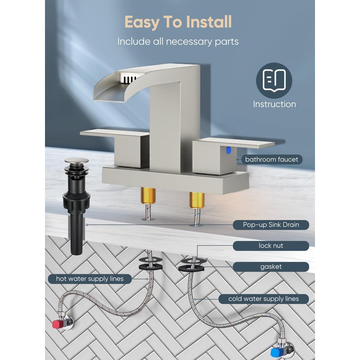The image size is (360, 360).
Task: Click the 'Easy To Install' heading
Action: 178,22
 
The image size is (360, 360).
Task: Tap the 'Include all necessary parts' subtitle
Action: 178,41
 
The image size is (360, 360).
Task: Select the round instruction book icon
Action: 274,81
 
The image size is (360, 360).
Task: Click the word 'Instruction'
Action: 274,104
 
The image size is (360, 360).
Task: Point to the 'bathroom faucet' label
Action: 272,159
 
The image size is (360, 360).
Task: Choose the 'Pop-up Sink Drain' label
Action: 271,225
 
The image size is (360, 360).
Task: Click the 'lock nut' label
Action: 271,246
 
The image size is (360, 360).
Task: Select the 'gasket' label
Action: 271,267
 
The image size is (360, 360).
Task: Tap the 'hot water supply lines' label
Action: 90,279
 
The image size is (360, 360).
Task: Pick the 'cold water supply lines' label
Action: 264,299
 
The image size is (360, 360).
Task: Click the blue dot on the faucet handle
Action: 229,150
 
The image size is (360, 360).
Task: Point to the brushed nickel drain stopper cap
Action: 76,161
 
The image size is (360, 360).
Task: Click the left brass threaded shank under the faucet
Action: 148,195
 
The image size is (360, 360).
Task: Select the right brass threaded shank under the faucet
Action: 197,200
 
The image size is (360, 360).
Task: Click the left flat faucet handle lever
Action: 114,133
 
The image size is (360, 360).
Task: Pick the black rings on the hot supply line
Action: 150,263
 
